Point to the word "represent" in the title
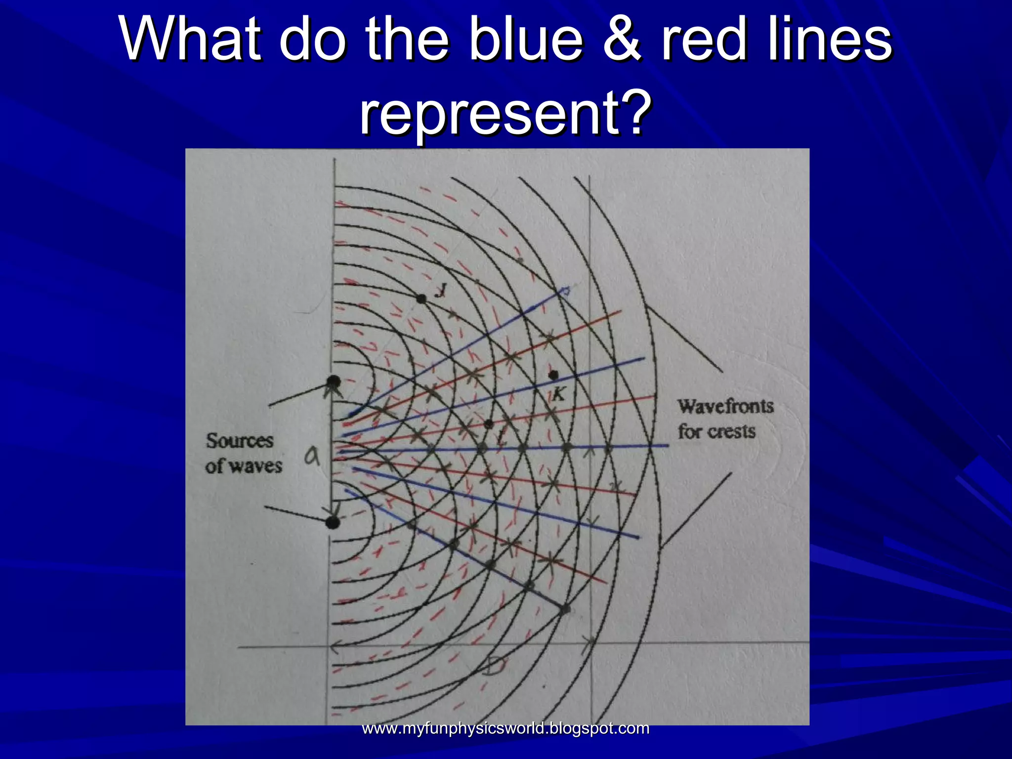pos(487,115)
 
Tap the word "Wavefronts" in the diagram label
pos(725,406)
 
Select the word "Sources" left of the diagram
pos(240,440)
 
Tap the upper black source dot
pos(334,381)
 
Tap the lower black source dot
pos(334,522)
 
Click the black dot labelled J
pos(421,298)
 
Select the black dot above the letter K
pos(553,375)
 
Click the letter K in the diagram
pos(558,394)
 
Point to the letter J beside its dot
pos(439,291)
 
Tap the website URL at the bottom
pos(506,728)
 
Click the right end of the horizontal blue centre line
pos(667,446)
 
